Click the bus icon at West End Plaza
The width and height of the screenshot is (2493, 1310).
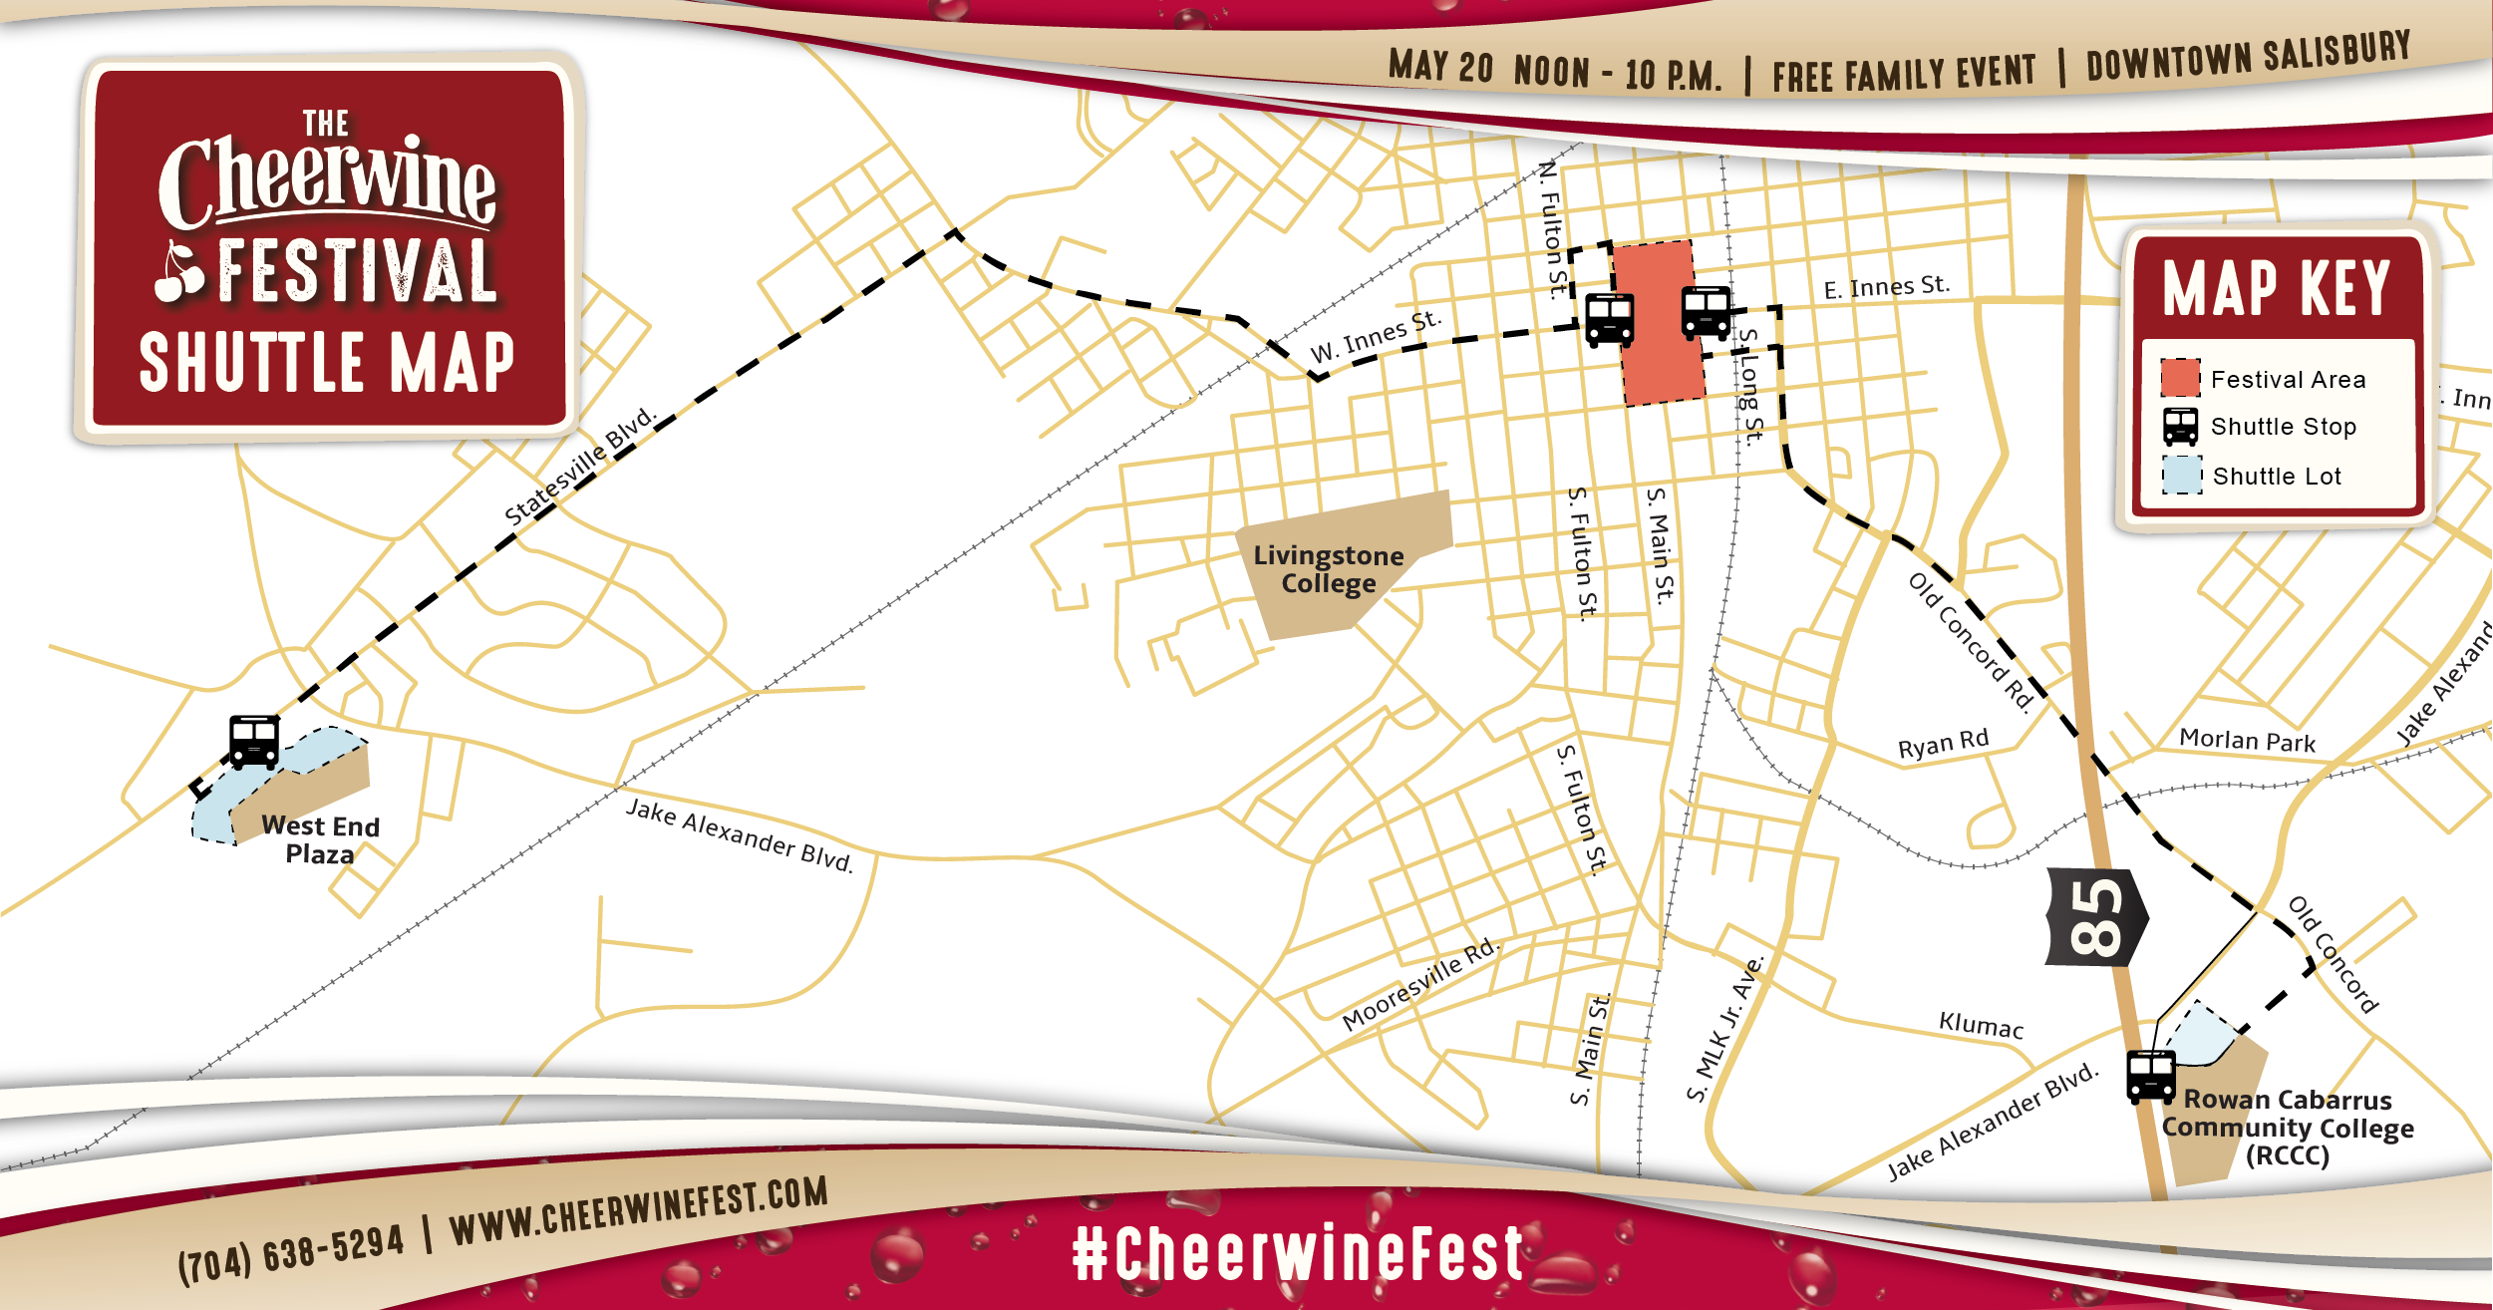pyautogui.click(x=254, y=742)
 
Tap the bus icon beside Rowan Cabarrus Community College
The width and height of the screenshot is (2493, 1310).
pyautogui.click(x=2150, y=1077)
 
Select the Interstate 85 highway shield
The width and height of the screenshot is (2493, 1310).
pyautogui.click(x=2095, y=917)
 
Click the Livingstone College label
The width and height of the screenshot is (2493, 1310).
pyautogui.click(x=1328, y=569)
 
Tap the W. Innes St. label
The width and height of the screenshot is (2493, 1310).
pyautogui.click(x=1376, y=337)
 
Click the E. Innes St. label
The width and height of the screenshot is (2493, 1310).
pyautogui.click(x=1886, y=287)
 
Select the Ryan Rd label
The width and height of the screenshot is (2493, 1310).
pyautogui.click(x=1943, y=744)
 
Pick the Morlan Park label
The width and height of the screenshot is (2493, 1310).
pyautogui.click(x=2247, y=740)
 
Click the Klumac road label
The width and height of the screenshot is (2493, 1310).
pyautogui.click(x=1981, y=1025)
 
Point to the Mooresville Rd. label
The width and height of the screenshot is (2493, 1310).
pyautogui.click(x=1419, y=984)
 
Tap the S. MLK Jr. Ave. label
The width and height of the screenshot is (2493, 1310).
pyautogui.click(x=1725, y=1030)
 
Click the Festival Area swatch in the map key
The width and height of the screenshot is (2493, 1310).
pyautogui.click(x=2180, y=378)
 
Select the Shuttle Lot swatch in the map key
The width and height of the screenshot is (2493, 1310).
pyautogui.click(x=2181, y=476)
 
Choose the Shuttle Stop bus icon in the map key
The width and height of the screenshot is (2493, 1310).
pyautogui.click(x=2180, y=427)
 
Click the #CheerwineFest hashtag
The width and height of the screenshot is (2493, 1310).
pyautogui.click(x=1297, y=1253)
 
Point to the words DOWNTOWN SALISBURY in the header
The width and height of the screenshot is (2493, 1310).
pyautogui.click(x=2247, y=57)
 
